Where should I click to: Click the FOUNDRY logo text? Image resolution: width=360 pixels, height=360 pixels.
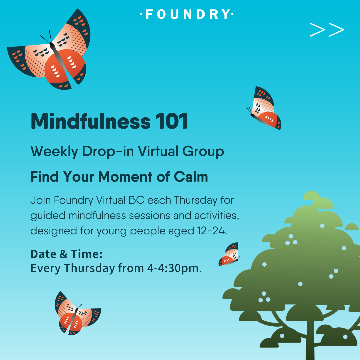tap(187, 14)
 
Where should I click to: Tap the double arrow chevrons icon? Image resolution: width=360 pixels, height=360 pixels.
tap(327, 30)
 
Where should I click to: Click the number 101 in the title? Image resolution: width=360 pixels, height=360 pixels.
tap(171, 121)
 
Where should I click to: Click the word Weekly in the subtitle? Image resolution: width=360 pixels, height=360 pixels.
tap(54, 152)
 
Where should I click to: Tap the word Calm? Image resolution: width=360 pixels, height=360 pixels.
tap(191, 177)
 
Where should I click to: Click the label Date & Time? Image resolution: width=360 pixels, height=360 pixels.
tap(67, 254)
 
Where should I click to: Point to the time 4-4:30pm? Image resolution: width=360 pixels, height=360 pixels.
tap(174, 268)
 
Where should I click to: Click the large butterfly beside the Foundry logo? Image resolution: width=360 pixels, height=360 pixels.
tap(49, 49)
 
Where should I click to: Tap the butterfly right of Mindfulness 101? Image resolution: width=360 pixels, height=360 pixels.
tap(264, 108)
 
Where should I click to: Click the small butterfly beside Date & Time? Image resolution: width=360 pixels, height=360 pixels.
tap(230, 254)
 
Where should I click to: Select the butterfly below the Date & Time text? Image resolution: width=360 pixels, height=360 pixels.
tap(78, 313)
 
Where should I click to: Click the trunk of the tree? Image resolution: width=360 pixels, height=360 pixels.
tap(310, 340)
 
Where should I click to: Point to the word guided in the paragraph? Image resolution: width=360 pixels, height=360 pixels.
tap(48, 216)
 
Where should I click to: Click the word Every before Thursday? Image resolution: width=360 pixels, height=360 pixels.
tap(45, 268)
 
